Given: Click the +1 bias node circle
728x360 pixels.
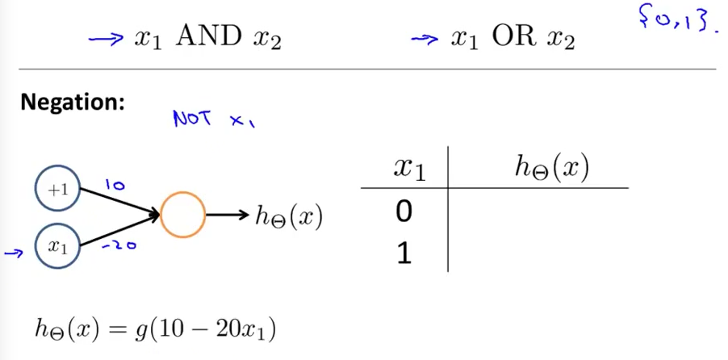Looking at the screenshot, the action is click(57, 190).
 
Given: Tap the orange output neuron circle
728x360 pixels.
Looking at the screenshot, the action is click(182, 216).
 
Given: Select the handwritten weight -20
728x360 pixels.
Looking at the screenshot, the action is click(119, 246).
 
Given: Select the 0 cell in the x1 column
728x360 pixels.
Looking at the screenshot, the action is click(404, 212).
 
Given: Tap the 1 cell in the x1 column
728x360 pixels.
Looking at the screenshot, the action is click(404, 253).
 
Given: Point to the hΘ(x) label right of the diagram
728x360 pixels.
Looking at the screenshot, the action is click(287, 216).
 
